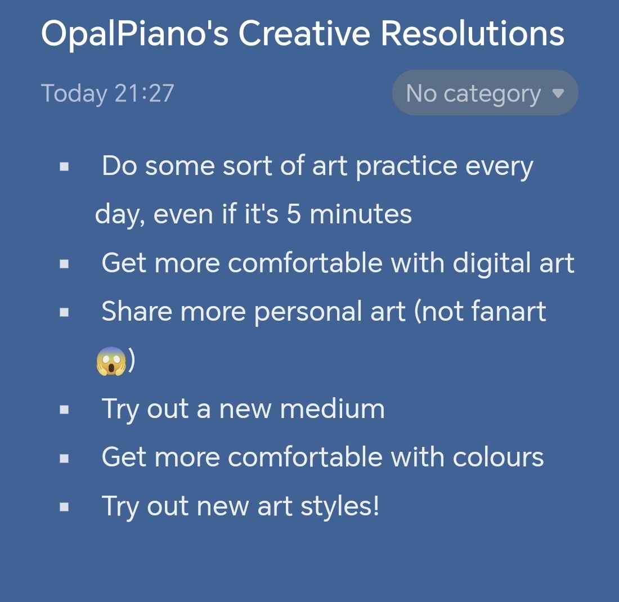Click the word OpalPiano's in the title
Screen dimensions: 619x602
(134, 34)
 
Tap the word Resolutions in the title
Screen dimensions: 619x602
(472, 33)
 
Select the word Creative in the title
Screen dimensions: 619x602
(304, 33)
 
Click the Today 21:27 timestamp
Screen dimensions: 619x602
(107, 94)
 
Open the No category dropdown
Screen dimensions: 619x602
(485, 93)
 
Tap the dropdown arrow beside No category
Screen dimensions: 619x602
(558, 93)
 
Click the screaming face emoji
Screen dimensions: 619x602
(111, 361)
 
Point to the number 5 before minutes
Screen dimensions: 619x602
(294, 214)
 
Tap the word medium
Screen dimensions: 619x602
(332, 408)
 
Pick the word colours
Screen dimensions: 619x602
(498, 457)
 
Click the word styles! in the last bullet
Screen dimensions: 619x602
(340, 506)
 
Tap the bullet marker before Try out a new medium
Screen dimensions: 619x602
(64, 410)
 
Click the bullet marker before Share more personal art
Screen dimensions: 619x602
(64, 313)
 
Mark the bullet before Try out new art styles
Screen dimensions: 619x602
(64, 507)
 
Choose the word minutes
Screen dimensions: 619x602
(360, 214)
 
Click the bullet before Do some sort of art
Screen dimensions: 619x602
(64, 167)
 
